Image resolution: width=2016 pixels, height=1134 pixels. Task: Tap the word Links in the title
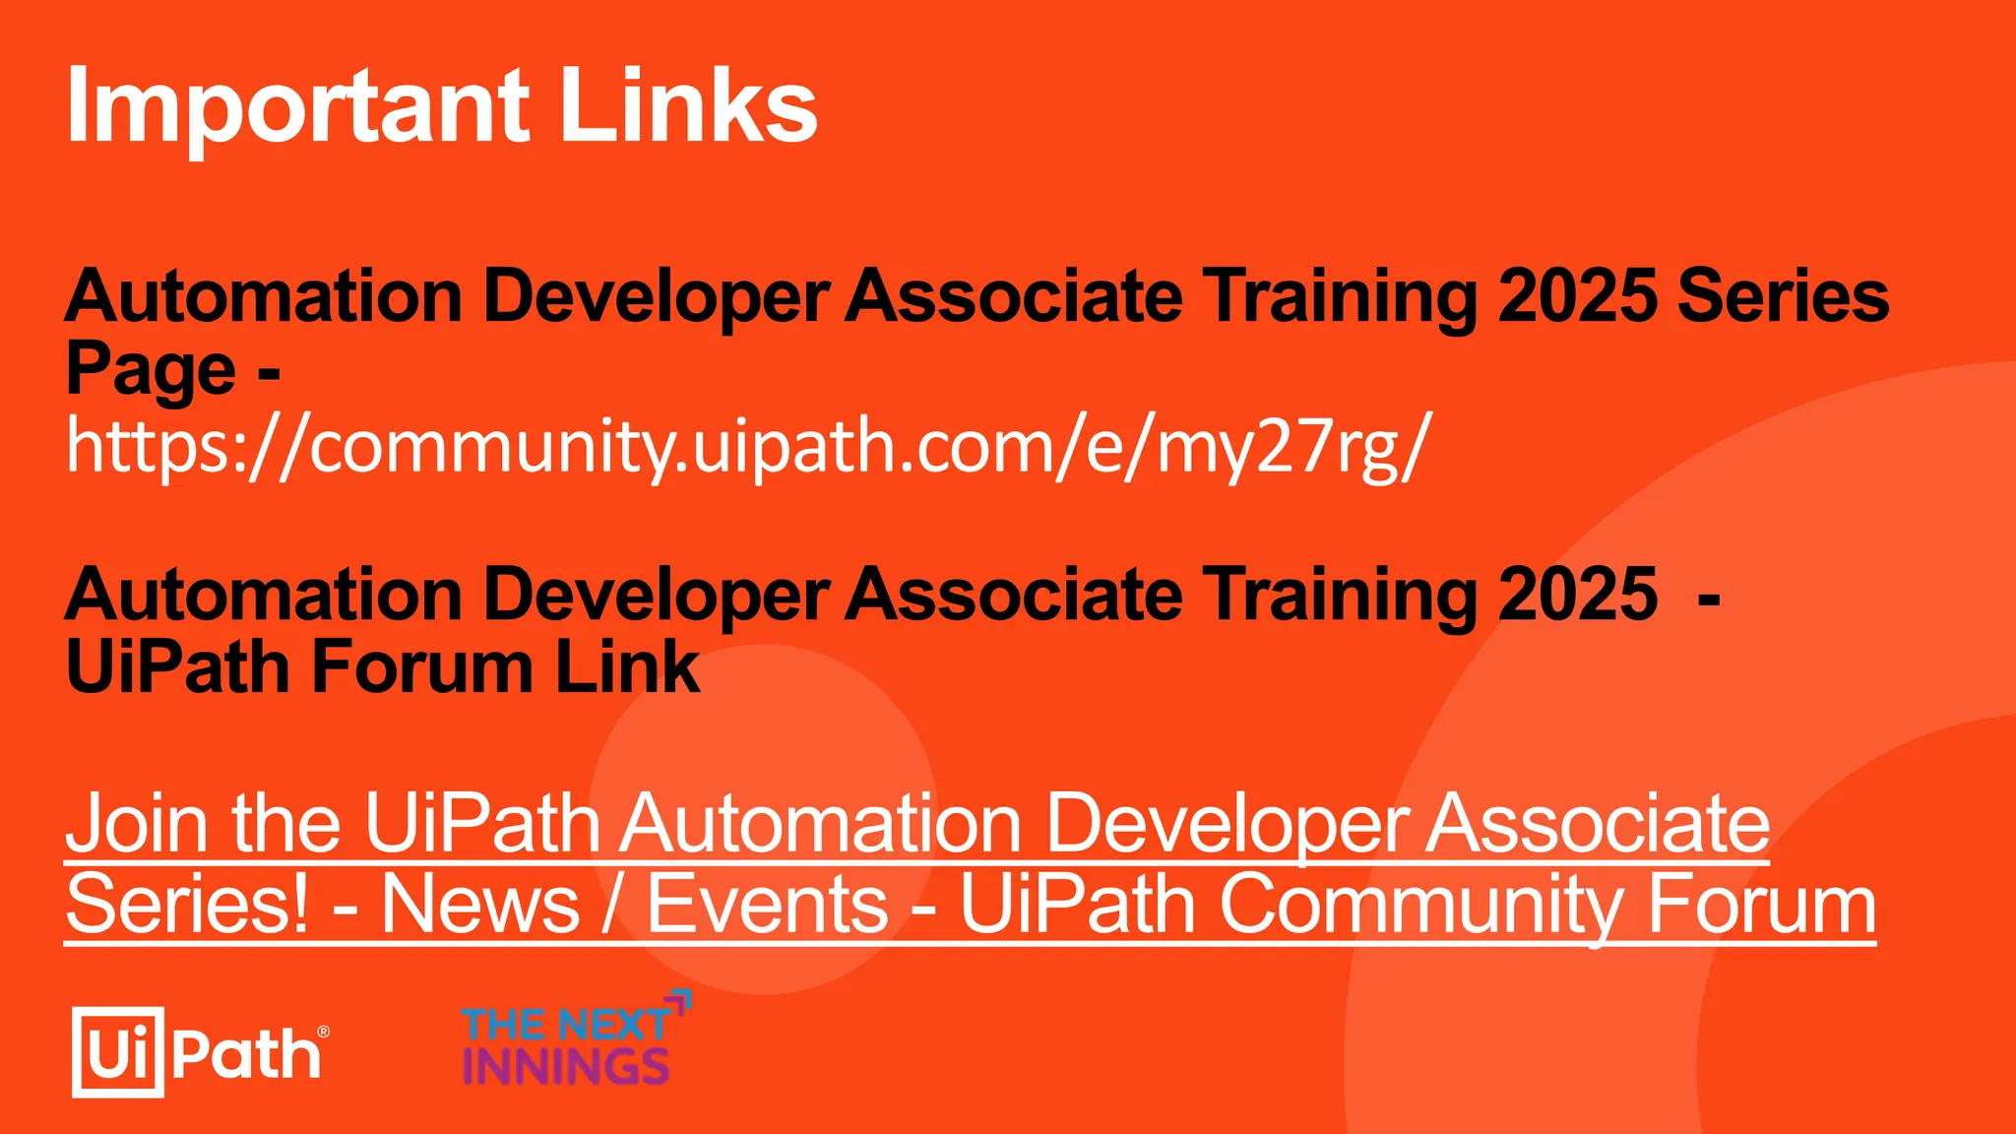(688, 106)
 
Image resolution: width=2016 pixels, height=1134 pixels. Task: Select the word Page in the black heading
(151, 370)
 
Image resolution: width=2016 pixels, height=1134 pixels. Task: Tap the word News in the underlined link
(480, 904)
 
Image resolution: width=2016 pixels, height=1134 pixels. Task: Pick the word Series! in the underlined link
(187, 904)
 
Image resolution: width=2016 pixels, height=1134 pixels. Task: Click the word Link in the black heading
(627, 667)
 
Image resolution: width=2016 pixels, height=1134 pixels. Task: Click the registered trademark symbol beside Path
(324, 1032)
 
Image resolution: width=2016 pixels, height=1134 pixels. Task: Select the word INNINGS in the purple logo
(566, 1066)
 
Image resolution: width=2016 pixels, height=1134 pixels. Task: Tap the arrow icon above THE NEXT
(680, 1002)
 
